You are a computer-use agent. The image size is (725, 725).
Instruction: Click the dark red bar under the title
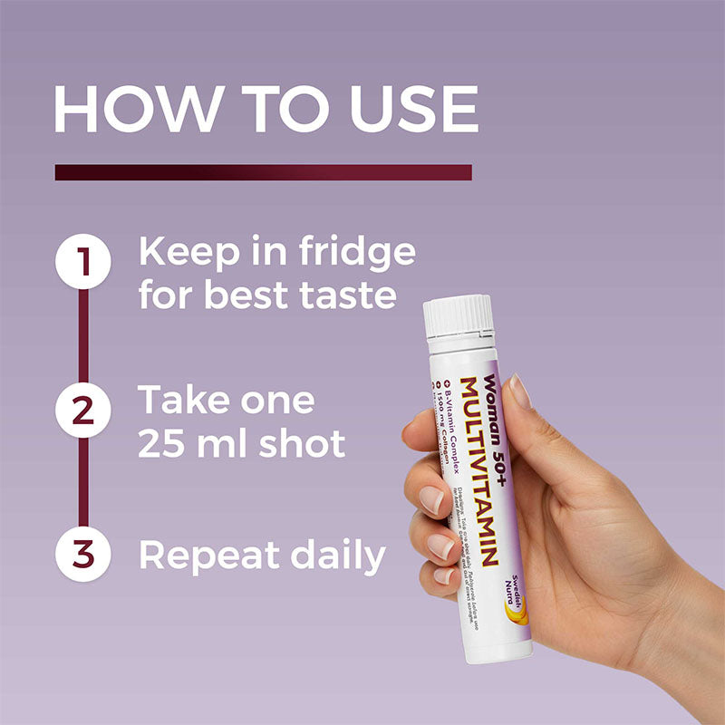click(x=263, y=172)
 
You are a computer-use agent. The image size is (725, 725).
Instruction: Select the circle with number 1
click(x=82, y=263)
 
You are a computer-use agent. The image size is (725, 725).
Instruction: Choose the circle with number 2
click(x=82, y=409)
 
